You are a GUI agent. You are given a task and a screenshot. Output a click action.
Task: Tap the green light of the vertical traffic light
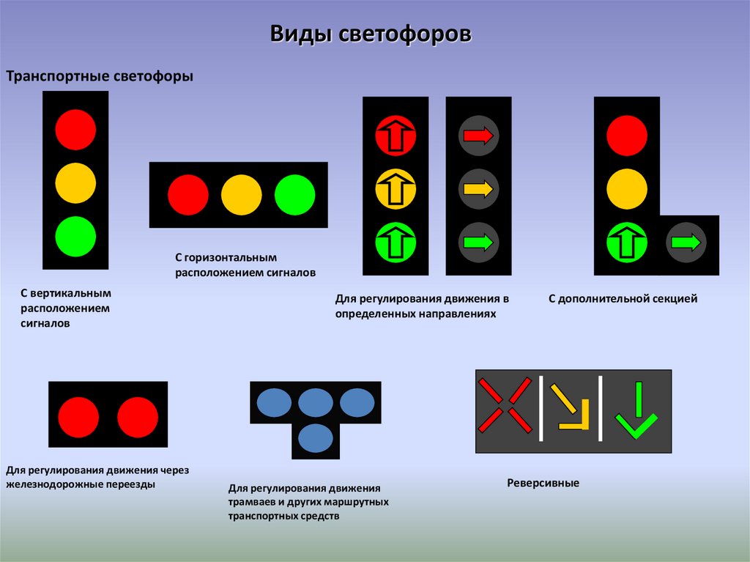(x=75, y=236)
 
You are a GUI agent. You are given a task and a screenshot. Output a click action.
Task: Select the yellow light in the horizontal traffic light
(x=241, y=195)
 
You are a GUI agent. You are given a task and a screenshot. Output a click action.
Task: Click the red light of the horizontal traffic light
(x=188, y=195)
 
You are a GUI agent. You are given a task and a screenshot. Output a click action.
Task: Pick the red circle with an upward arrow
(x=396, y=135)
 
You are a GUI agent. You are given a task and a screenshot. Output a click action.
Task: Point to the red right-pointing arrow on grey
(x=479, y=135)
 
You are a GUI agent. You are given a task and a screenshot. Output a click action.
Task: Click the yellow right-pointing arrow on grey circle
(x=479, y=189)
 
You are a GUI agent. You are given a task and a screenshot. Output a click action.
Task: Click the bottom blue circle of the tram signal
(x=316, y=438)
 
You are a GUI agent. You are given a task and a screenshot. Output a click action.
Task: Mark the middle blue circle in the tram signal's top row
(x=316, y=402)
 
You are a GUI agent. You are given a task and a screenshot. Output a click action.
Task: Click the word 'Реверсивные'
(x=543, y=484)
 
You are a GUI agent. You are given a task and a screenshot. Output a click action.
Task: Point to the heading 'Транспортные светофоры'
(x=100, y=76)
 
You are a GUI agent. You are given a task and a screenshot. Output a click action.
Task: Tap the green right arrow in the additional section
(x=686, y=243)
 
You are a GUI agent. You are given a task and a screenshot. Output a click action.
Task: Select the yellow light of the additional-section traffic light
(x=627, y=189)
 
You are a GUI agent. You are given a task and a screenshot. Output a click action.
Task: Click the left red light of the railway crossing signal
(x=78, y=418)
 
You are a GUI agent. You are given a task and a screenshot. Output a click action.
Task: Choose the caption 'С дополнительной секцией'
(x=623, y=299)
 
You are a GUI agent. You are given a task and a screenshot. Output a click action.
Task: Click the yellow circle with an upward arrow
(x=396, y=189)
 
